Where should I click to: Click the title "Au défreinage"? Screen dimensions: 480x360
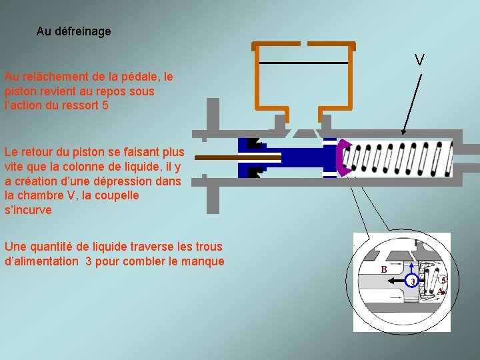coord(73,31)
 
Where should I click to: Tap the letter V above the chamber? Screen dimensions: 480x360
coord(419,60)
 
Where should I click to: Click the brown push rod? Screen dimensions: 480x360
coord(238,157)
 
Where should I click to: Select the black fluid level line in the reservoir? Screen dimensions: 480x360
coord(304,63)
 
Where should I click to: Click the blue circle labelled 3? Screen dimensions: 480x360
coord(412,281)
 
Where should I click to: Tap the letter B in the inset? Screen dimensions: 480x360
coord(384,269)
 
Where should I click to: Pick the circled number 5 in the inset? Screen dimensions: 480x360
coord(443,279)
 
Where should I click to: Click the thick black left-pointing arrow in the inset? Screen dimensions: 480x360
coord(397,281)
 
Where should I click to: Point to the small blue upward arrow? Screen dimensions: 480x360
coord(412,268)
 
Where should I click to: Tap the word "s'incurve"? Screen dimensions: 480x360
coord(28,210)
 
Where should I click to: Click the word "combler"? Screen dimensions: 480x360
coord(149,261)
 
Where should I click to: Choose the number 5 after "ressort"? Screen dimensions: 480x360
coord(105,105)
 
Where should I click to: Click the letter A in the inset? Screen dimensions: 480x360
coord(440,291)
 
